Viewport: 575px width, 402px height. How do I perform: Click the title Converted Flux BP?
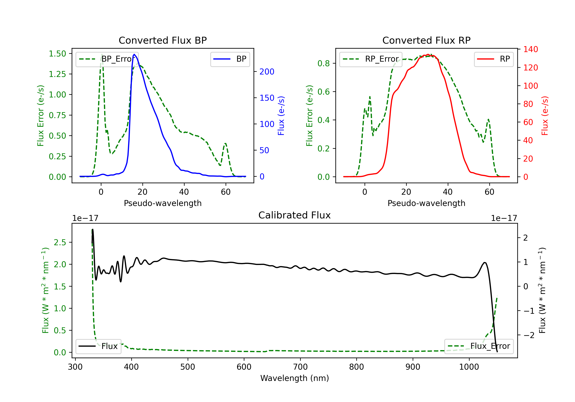163,40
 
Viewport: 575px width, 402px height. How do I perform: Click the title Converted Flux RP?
426,40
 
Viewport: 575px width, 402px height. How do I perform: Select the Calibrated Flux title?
295,215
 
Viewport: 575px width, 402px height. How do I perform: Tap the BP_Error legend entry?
107,59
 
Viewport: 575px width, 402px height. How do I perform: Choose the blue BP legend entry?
230,59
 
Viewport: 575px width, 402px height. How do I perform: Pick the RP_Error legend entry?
371,59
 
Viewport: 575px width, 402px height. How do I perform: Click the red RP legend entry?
494,59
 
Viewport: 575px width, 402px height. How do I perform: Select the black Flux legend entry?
98,346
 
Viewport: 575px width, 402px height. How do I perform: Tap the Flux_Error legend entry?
479,346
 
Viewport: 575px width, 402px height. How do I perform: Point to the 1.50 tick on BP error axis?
57,54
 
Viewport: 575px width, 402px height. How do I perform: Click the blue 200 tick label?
267,72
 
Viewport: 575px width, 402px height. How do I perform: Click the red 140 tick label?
531,49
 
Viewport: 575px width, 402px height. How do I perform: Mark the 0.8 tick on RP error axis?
324,64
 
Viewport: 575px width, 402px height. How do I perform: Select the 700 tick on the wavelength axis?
300,367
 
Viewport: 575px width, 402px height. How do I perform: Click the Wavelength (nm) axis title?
295,378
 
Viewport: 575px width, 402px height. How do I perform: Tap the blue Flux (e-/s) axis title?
281,116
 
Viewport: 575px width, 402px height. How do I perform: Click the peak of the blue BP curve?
134,54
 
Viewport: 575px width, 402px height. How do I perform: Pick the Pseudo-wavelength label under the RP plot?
426,203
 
